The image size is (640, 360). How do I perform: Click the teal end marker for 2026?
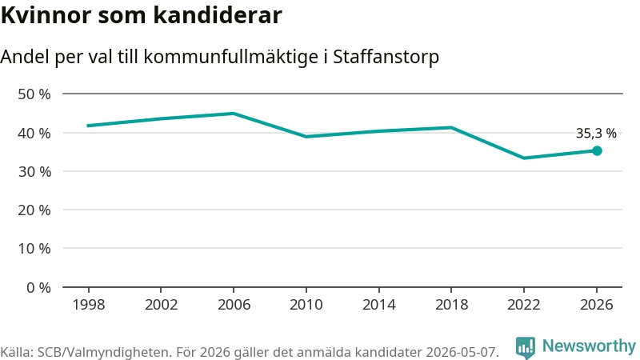[597, 151]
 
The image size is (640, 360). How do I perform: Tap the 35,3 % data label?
[596, 133]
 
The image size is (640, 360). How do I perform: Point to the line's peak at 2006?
[234, 114]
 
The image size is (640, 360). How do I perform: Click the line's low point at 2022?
[524, 158]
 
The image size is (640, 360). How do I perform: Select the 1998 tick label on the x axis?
[89, 305]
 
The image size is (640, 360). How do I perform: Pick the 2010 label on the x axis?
[306, 305]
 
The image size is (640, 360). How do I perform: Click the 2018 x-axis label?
[451, 305]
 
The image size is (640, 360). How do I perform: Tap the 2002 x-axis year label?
[162, 305]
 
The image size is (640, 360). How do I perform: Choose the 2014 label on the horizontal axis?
[378, 305]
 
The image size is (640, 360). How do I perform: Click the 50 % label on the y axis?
[34, 94]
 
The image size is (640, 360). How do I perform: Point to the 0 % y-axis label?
[38, 288]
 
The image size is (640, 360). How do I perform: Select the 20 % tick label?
[34, 210]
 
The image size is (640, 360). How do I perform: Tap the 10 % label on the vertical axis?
[34, 249]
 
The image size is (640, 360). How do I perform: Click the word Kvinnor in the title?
[46, 15]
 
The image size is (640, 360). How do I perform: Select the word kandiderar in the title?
[218, 15]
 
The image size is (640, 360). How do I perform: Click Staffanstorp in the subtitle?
[386, 57]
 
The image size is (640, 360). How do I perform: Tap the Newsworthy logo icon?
[526, 347]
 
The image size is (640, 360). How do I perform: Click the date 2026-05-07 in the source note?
[462, 352]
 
